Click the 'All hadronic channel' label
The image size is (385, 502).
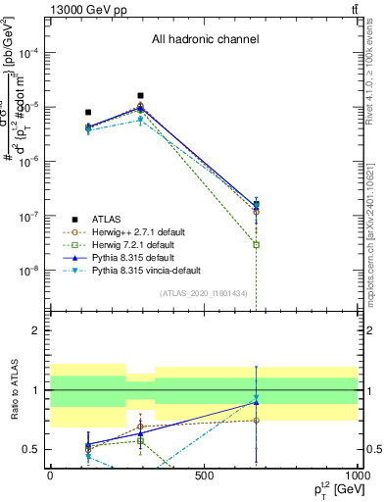(205, 40)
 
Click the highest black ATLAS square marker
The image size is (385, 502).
(141, 96)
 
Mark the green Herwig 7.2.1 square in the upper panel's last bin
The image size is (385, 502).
(256, 244)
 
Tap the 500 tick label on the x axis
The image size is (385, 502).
(204, 475)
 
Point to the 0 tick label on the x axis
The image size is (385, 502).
(50, 475)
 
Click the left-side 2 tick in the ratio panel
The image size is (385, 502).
(36, 331)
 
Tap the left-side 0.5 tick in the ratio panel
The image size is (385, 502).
(31, 449)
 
